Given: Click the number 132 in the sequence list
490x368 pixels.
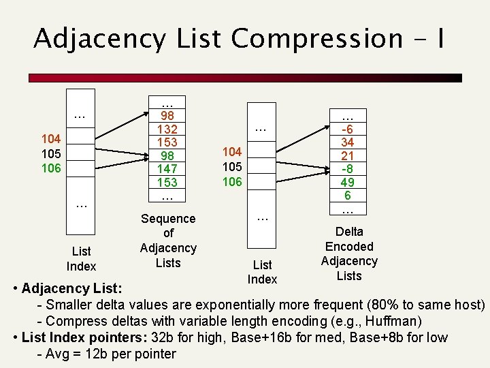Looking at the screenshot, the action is (168, 129).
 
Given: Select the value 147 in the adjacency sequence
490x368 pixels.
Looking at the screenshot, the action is (168, 169).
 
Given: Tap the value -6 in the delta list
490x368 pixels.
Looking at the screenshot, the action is (348, 129).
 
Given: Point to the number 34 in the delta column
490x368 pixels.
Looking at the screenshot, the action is (348, 142).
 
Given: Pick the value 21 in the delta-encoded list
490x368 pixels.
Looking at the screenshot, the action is (348, 155).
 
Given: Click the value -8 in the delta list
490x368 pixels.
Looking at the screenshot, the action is (348, 169).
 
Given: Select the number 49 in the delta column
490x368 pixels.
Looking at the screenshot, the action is (348, 182).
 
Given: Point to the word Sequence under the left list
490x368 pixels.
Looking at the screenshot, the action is (168, 219).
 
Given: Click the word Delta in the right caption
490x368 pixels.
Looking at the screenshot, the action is (349, 232).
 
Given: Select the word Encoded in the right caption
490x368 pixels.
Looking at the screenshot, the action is (349, 247).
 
